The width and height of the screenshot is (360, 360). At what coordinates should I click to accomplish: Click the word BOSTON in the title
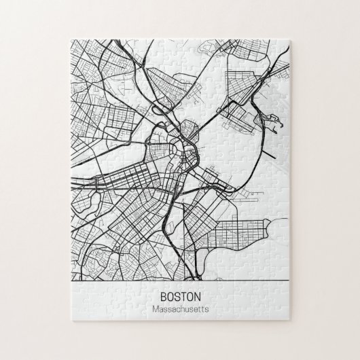coord(180,297)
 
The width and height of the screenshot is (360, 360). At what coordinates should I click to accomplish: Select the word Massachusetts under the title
coord(180,310)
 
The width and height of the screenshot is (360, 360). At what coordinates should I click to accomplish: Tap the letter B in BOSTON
coord(164,297)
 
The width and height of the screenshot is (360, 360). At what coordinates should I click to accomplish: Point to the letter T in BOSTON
coord(183,297)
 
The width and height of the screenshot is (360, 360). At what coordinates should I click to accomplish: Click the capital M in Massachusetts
coord(156,310)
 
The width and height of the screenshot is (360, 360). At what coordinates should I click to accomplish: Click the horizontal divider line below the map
coord(180,280)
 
